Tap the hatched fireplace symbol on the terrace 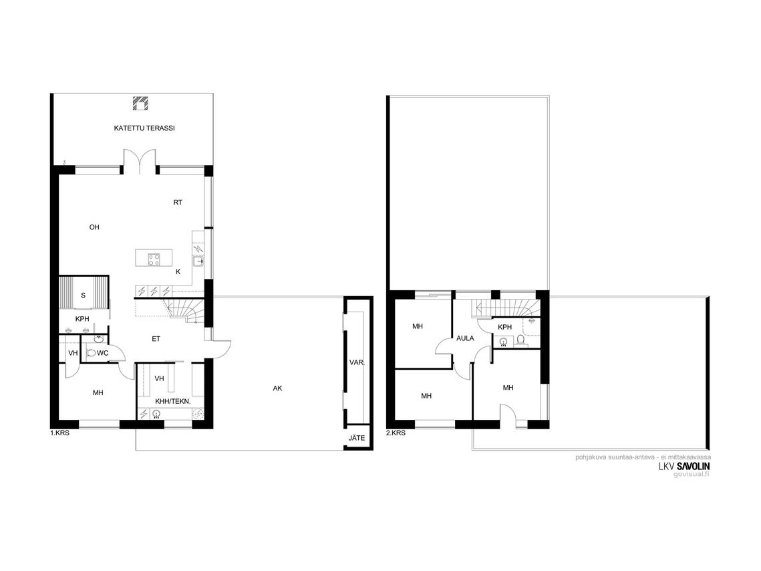click(141, 104)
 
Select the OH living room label click(94, 227)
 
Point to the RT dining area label click(178, 202)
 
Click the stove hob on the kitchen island click(154, 260)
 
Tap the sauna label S click(83, 296)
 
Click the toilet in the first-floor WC click(90, 353)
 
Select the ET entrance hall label click(156, 339)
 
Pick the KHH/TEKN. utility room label click(172, 402)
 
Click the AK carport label click(277, 388)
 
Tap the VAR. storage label click(357, 362)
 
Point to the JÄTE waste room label click(357, 437)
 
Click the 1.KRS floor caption click(59, 433)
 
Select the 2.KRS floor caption click(396, 433)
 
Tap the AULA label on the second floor click(465, 338)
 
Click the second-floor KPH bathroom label click(504, 327)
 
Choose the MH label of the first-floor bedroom click(98, 392)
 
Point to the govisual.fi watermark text click(691, 474)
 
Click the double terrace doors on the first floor click(140, 160)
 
